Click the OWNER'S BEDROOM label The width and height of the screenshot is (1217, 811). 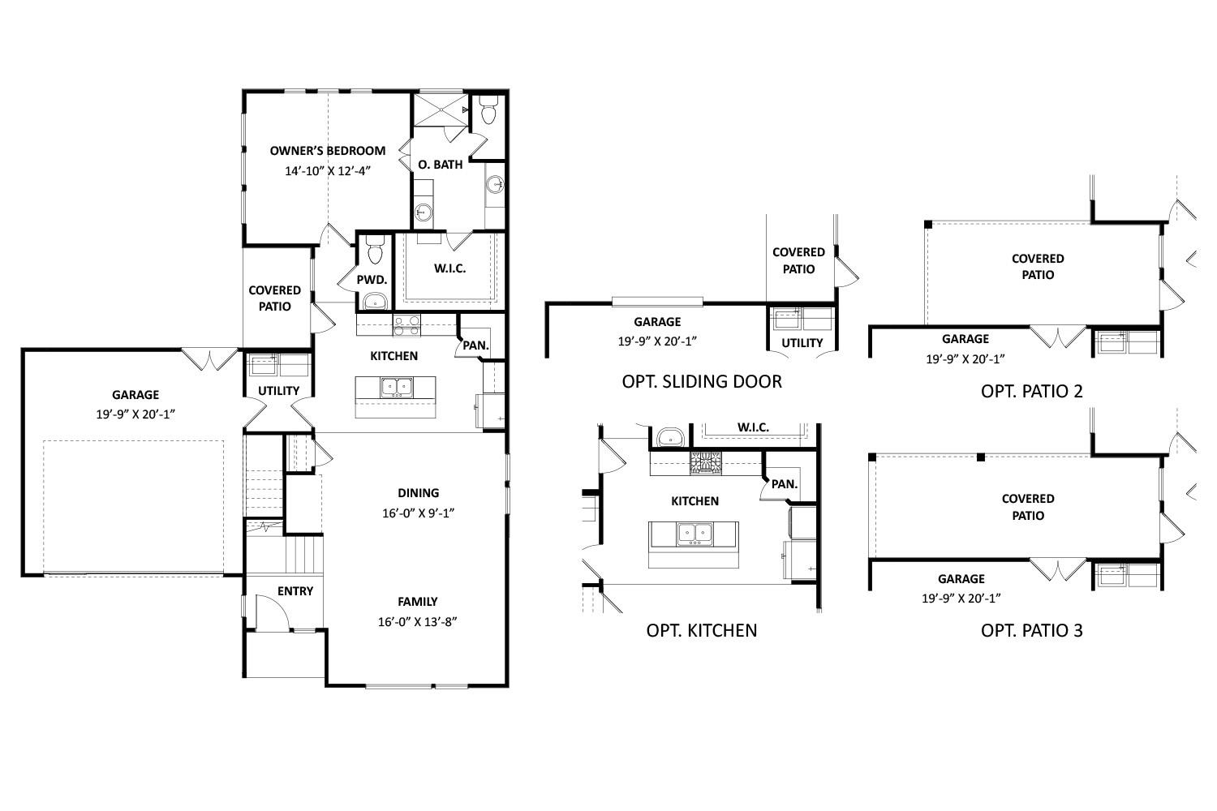point(327,151)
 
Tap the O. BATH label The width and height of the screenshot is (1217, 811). point(441,165)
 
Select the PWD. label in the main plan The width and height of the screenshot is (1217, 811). point(372,280)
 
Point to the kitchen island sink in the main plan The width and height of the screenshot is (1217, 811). point(396,387)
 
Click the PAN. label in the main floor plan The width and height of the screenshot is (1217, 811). point(475,345)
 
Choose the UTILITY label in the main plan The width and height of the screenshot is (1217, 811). point(278,391)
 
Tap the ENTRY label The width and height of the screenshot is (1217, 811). point(295,591)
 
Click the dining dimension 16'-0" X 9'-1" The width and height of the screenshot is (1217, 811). point(418,513)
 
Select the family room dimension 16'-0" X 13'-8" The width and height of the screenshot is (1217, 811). point(418,623)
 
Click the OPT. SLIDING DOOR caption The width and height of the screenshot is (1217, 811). point(702,382)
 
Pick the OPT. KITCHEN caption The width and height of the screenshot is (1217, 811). point(702,630)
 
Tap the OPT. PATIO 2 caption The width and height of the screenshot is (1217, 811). point(1031,391)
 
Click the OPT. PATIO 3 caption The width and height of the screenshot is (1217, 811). point(1031,630)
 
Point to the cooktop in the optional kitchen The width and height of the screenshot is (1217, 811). point(705,463)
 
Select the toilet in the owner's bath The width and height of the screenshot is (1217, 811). point(488,111)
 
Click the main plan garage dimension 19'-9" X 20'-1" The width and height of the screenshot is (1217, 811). point(135,414)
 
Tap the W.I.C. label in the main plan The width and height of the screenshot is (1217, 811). point(449,268)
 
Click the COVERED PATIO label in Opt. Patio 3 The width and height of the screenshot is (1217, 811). point(1028,507)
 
